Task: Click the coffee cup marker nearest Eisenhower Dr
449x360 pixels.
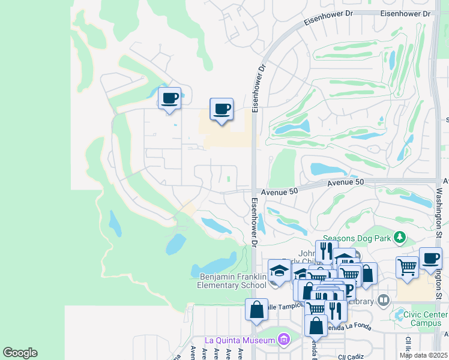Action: tap(221, 109)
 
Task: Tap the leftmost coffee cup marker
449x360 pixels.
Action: tap(169, 98)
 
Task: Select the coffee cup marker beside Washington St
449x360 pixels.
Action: tap(430, 259)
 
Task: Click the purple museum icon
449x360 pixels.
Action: tap(284, 340)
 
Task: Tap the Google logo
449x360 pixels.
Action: tap(20, 353)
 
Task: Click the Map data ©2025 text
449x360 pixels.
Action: tap(423, 355)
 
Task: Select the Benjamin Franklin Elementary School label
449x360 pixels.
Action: tap(233, 281)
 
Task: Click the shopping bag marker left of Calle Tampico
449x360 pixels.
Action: tap(256, 310)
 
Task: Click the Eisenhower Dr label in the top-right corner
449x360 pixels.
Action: tap(405, 13)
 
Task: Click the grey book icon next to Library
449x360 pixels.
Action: tap(384, 300)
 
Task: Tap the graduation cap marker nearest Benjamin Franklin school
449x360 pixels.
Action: tap(279, 271)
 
